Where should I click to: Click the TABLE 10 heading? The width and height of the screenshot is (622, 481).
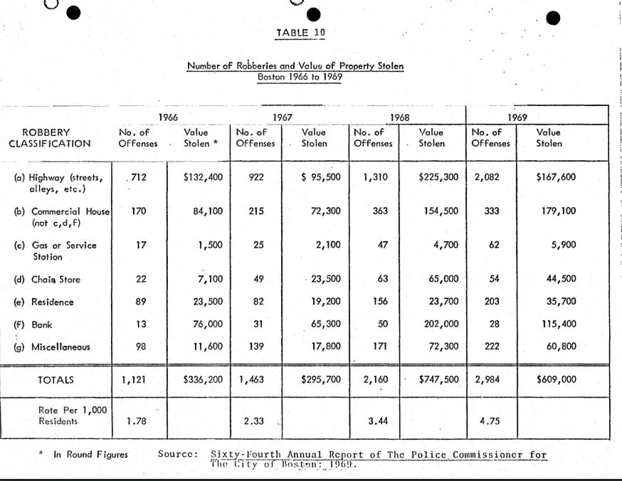[x=300, y=33]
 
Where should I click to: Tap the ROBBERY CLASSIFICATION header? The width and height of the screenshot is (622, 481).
[x=50, y=138]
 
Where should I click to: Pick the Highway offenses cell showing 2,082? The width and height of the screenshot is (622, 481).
[x=489, y=177]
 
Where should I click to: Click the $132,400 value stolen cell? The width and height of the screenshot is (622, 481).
[x=204, y=177]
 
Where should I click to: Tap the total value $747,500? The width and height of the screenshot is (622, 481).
[x=438, y=379]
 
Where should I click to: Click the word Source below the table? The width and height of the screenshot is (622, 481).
[x=176, y=455]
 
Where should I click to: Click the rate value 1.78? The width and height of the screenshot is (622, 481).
[x=137, y=421]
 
